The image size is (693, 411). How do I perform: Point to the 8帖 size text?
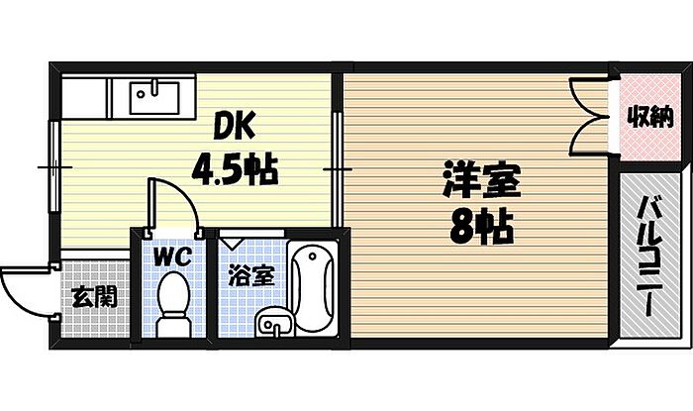[480, 231]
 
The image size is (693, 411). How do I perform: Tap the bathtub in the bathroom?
[315, 288]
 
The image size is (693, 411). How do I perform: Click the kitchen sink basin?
[154, 96]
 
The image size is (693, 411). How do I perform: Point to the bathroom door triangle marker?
[233, 240]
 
